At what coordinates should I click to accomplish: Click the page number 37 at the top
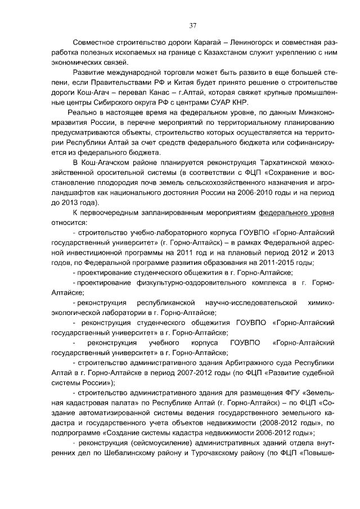click(192, 25)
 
